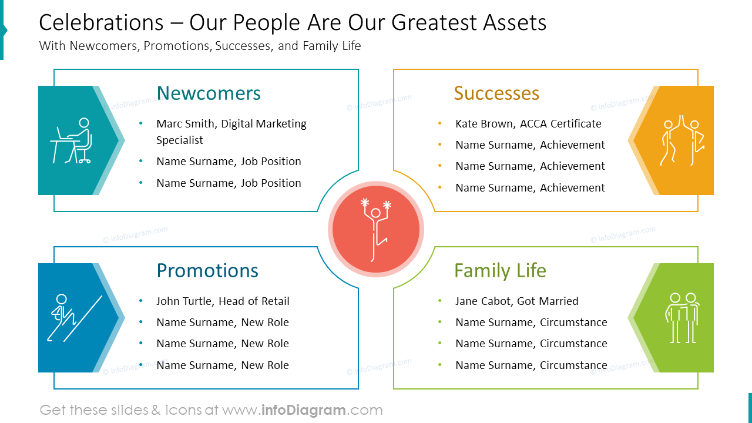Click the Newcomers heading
click(209, 93)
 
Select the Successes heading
click(496, 93)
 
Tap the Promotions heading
click(207, 271)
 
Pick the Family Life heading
click(500, 271)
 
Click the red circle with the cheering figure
click(376, 229)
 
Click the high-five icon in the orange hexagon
click(681, 141)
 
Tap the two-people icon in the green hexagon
click(682, 318)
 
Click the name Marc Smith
click(184, 124)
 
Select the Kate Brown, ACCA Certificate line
click(528, 124)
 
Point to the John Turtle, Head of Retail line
click(223, 301)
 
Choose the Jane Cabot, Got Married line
click(516, 301)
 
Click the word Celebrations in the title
click(101, 23)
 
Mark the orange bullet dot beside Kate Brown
click(440, 124)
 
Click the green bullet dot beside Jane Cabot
click(440, 301)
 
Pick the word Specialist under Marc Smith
click(179, 140)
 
